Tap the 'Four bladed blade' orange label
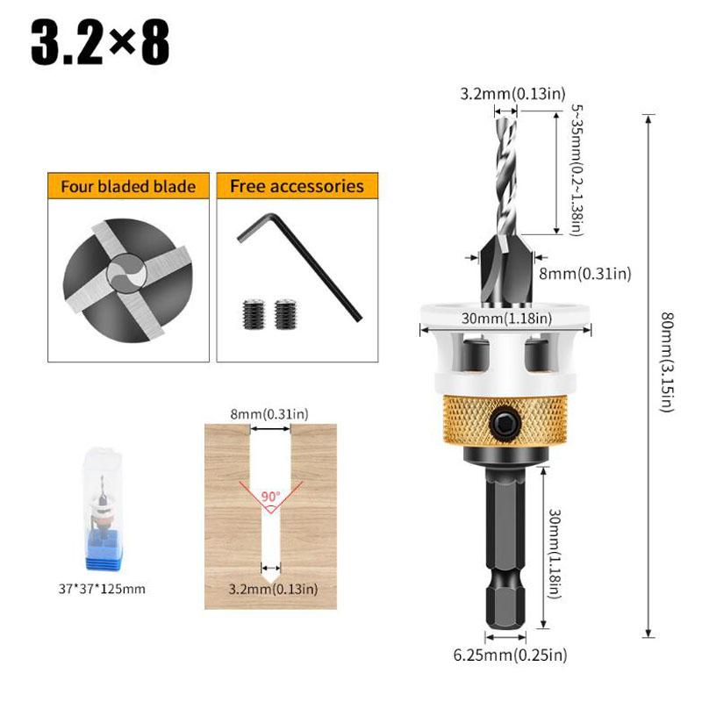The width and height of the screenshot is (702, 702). coord(128,187)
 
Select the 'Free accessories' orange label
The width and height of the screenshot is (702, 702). coord(297,186)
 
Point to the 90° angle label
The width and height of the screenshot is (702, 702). coord(270,496)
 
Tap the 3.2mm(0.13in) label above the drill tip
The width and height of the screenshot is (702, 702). coord(513,94)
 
